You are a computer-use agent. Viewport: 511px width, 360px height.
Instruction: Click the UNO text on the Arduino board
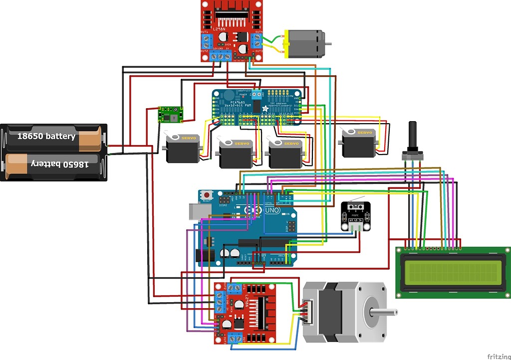pos(271,210)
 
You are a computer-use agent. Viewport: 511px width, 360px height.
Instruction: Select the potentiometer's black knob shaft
pos(413,134)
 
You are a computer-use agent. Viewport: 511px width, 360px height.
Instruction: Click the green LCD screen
pos(453,272)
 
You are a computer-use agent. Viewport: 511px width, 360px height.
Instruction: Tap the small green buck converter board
pos(169,114)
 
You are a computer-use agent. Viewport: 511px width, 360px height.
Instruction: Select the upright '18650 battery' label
pos(46,136)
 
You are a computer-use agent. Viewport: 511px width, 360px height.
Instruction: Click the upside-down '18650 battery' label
pos(60,164)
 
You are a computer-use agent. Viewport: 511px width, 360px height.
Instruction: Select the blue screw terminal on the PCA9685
pos(257,94)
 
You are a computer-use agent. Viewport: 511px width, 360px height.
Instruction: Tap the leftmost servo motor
pos(183,148)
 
